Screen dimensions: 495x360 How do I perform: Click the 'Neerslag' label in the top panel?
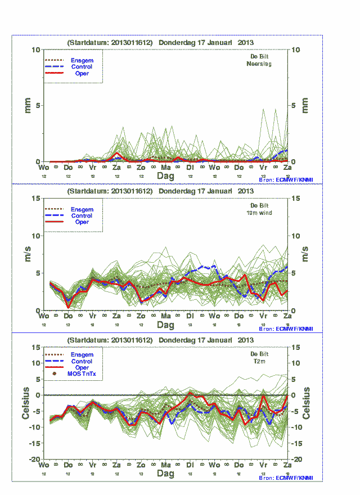[259, 64]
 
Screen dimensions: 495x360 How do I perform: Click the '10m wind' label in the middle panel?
[259, 213]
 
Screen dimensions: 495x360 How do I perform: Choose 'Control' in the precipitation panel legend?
[82, 67]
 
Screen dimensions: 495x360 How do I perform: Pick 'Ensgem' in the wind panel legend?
[82, 209]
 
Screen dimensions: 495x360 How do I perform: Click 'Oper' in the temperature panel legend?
[82, 367]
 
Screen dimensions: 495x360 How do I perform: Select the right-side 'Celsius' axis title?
[307, 403]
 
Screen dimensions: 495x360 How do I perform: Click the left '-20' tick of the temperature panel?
[34, 460]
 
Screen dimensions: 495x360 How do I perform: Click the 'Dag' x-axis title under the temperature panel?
[165, 474]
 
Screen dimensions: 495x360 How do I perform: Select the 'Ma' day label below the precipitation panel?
[165, 168]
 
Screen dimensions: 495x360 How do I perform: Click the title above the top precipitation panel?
[160, 42]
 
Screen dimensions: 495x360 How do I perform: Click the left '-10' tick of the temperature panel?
[34, 427]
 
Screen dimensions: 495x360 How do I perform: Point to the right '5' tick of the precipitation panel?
[295, 106]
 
